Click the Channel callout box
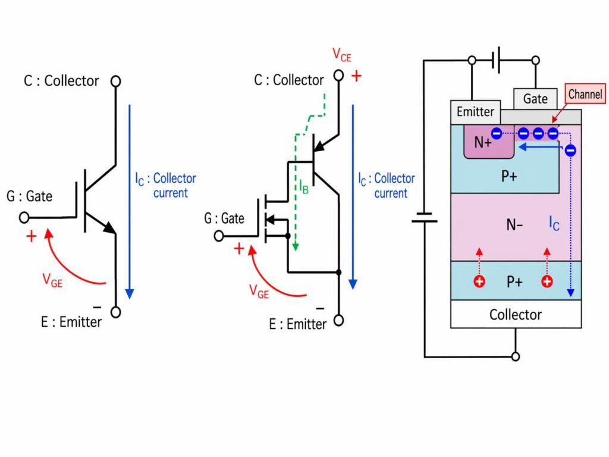tap(585, 94)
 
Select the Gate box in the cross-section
tap(535, 99)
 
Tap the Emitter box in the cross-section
tap(475, 111)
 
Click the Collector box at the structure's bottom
tap(516, 314)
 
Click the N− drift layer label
tap(514, 225)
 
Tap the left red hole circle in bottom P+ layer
tap(479, 281)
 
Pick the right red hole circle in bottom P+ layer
tap(547, 281)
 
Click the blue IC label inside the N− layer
tap(554, 224)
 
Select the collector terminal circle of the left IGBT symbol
tap(116, 80)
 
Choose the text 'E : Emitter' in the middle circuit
tap(297, 324)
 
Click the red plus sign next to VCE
tap(357, 76)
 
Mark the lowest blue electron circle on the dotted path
tap(570, 151)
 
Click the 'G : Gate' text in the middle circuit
tap(224, 218)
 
